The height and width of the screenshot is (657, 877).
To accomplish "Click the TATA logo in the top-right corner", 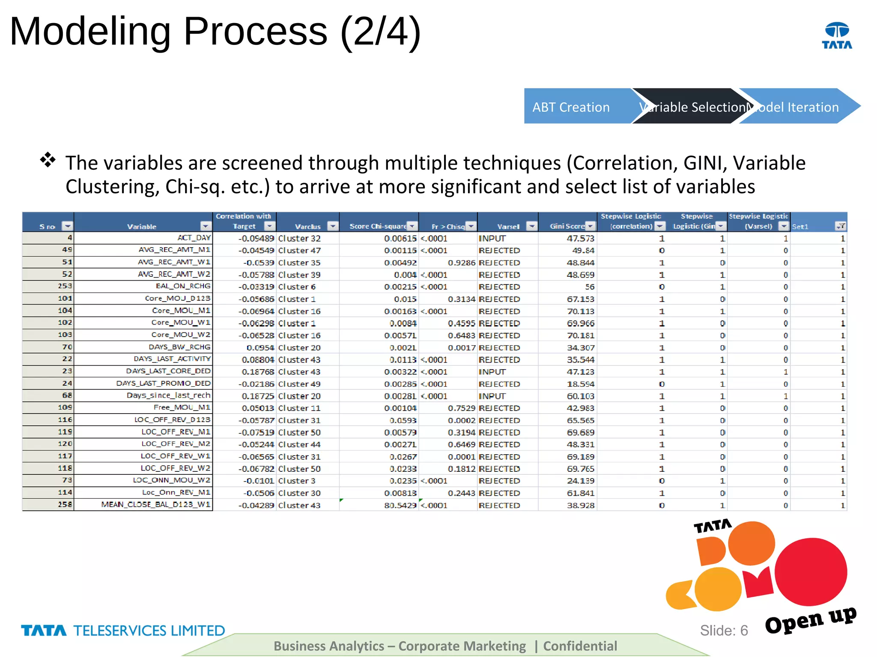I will (837, 36).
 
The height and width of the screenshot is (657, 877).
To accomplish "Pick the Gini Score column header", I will (567, 226).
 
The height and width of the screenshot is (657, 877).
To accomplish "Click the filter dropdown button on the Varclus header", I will (332, 226).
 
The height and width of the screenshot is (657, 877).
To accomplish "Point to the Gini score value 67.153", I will (580, 299).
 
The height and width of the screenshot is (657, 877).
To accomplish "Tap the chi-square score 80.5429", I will (400, 505).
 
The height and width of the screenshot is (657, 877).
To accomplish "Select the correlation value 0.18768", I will (257, 372).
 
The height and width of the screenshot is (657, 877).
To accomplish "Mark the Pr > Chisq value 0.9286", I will (461, 263).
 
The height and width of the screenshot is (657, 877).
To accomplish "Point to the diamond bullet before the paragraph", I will (48, 160).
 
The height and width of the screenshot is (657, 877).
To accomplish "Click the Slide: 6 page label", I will (724, 630).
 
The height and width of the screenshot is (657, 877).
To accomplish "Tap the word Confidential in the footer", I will (580, 646).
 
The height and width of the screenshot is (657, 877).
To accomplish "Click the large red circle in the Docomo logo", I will (811, 571).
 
